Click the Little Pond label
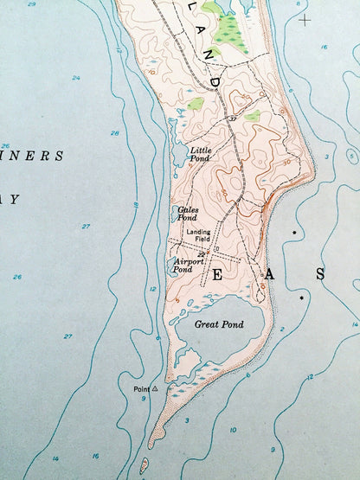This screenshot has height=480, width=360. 199,154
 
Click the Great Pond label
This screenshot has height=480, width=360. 218,324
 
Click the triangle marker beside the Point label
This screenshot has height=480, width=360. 155,389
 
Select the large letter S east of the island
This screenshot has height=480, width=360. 319,274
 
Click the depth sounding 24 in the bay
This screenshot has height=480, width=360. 76,78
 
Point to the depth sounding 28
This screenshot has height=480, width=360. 114,133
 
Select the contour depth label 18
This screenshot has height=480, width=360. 137,205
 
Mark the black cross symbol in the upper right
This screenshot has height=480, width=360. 304,17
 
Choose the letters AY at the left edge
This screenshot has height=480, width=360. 10,199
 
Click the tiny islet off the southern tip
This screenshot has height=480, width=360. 144,466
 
